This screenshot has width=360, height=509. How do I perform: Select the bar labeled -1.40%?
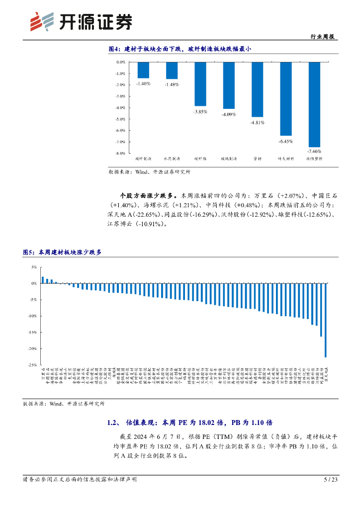click(x=143, y=70)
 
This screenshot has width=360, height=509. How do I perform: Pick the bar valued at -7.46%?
click(x=314, y=104)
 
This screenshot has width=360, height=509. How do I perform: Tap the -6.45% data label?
click(x=286, y=142)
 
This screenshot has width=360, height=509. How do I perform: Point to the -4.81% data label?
click(x=257, y=123)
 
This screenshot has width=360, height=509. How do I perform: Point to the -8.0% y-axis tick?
click(x=121, y=154)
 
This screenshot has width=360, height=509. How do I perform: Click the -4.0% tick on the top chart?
click(x=121, y=108)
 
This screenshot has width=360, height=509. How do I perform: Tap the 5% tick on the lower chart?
click(x=34, y=267)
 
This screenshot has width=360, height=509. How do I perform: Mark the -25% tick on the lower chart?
click(x=33, y=365)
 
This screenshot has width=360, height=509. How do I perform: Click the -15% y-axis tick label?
click(x=33, y=332)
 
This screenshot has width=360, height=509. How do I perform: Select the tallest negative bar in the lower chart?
click(x=326, y=320)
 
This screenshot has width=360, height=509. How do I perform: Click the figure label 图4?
click(x=115, y=49)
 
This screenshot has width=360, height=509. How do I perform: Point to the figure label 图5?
click(x=29, y=253)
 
